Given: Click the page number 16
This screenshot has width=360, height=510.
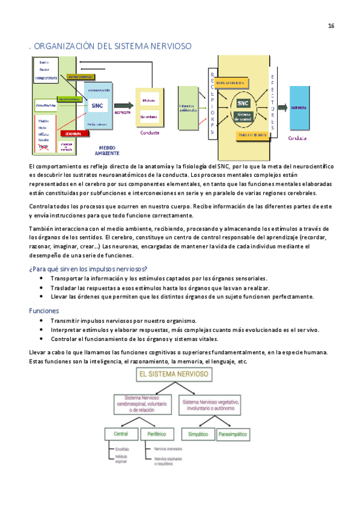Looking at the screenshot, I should click(331, 25).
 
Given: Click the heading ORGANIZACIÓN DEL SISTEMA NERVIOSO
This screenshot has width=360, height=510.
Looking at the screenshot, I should click(111, 46).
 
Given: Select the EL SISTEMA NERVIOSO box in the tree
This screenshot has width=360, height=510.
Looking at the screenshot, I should click(174, 374).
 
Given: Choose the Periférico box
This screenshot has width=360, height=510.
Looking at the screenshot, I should click(156, 433).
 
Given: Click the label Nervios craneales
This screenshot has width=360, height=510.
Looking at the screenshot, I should click(168, 449).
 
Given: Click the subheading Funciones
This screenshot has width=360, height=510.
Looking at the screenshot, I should click(44, 311).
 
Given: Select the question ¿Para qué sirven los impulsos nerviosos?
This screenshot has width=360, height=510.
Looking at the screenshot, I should click(88, 268).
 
